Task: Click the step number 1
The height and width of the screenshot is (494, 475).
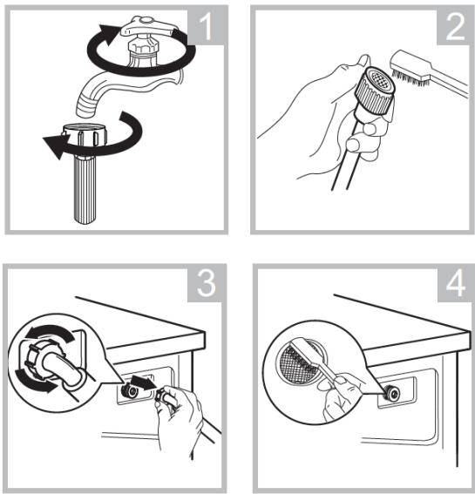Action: [x=207, y=27]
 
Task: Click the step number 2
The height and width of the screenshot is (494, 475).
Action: [x=455, y=27]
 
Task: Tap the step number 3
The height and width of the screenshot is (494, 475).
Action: [x=207, y=283]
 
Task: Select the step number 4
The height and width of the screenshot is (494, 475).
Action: [x=456, y=283]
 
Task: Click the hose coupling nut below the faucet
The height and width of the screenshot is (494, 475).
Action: [x=85, y=135]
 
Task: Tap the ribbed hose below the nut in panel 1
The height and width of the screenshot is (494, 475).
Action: [x=85, y=189]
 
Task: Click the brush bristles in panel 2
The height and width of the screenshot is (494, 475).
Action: [x=410, y=78]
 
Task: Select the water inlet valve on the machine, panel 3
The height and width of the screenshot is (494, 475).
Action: [x=129, y=391]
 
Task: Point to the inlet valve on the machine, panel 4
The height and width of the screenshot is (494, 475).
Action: [x=391, y=393]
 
